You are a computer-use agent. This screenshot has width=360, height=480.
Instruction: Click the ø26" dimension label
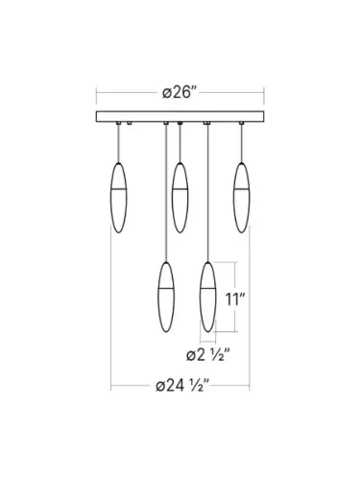coord(179,93)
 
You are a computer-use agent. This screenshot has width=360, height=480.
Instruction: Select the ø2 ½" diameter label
coord(208,354)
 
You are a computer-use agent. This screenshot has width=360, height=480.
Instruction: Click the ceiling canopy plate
coord(179,119)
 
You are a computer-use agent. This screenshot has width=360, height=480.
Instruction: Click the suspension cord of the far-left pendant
coord(119,144)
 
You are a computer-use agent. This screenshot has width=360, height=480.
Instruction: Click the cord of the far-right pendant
coord(241,144)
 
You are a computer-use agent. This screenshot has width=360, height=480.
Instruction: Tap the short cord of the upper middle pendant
coord(179,144)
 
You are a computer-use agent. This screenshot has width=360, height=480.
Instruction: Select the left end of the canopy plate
coord(97,119)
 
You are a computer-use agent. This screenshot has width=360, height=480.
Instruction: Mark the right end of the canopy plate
coord(261,119)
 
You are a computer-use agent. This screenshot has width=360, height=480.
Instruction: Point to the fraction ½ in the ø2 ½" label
coord(223,354)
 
